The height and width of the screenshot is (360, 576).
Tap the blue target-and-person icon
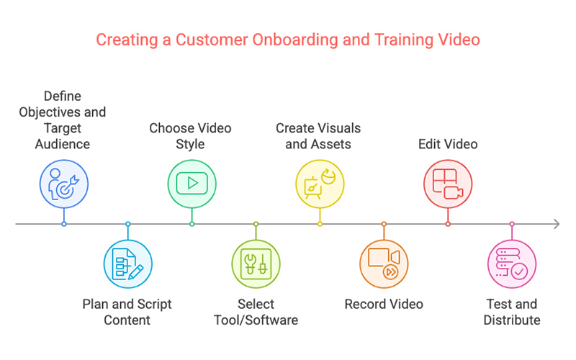point(64,184)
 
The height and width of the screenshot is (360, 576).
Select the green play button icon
point(192,184)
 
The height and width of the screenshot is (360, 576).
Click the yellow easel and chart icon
point(320,184)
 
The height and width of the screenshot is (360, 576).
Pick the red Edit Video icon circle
point(448,184)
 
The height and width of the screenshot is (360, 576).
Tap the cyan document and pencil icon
point(128,264)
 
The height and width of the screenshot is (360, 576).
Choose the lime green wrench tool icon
point(256,264)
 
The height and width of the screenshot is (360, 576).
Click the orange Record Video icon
point(384,264)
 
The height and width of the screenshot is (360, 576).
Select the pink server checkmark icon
point(512,264)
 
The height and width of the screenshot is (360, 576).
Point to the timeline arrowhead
point(557,224)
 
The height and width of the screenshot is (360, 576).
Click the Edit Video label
point(448,144)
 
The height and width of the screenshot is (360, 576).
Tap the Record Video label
point(384,304)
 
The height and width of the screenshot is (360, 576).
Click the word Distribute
point(512,320)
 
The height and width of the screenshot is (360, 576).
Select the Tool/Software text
point(256,320)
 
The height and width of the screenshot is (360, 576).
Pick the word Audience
point(63,144)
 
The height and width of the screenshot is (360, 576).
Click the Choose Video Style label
point(190,136)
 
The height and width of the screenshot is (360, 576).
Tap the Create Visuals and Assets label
point(318,136)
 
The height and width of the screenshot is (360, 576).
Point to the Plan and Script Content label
point(127,312)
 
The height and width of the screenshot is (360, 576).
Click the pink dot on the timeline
point(512,224)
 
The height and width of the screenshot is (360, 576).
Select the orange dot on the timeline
point(384,224)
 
